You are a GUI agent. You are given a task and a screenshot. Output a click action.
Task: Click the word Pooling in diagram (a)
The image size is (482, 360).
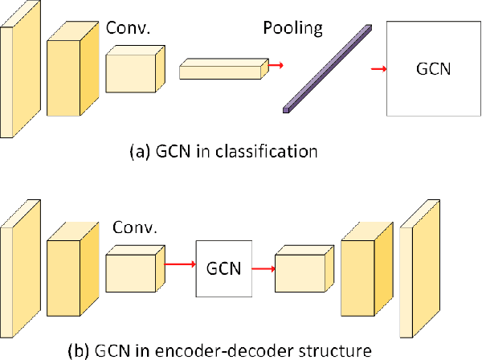[x=293, y=29]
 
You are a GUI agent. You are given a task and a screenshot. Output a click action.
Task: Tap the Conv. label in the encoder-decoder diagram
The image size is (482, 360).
[x=133, y=227]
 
